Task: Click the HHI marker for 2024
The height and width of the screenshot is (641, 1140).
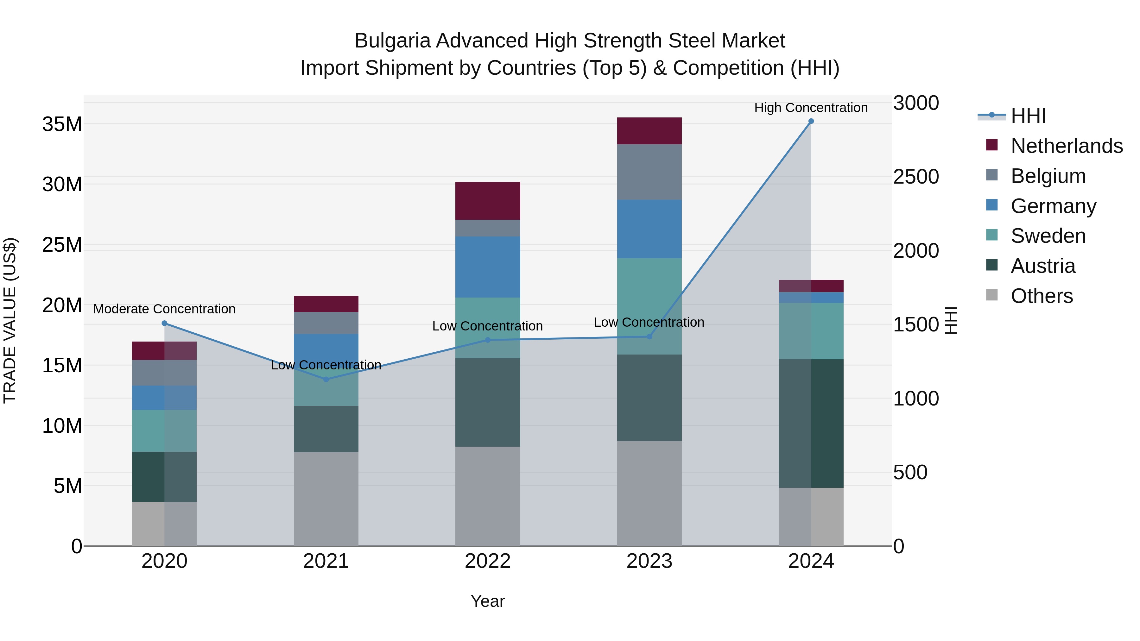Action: (811, 121)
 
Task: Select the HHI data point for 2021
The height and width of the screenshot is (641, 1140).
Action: (326, 379)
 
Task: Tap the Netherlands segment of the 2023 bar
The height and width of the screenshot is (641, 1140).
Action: (649, 131)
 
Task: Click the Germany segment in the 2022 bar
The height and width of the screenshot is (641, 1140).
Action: (488, 267)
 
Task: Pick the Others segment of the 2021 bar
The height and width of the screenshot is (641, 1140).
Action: (326, 499)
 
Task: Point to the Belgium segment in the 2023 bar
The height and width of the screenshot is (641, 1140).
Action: (649, 172)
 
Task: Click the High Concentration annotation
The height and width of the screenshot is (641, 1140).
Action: (811, 108)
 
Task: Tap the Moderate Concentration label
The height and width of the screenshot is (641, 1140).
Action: (164, 309)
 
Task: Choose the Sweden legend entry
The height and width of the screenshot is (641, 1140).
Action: (1048, 236)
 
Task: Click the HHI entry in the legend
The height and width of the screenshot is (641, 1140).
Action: (1028, 116)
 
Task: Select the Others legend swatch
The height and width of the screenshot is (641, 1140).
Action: (992, 295)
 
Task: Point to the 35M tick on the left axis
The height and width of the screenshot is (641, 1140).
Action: (62, 124)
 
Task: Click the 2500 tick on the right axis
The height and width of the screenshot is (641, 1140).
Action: (915, 177)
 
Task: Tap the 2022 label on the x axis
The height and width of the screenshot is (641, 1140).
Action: (488, 561)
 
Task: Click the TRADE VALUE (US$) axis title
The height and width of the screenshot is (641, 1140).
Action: (10, 320)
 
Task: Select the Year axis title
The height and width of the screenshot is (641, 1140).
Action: (488, 601)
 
